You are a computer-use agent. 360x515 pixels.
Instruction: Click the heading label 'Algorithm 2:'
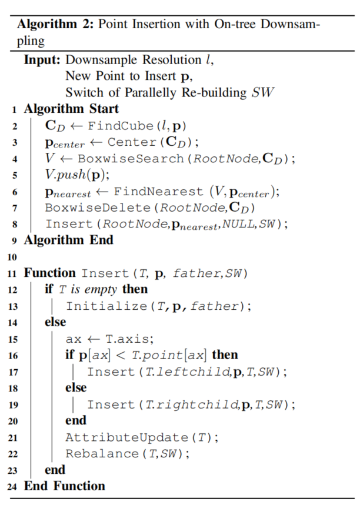point(56,26)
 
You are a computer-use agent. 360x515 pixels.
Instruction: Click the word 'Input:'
point(42,60)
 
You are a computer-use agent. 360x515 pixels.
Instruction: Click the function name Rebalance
point(92,453)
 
